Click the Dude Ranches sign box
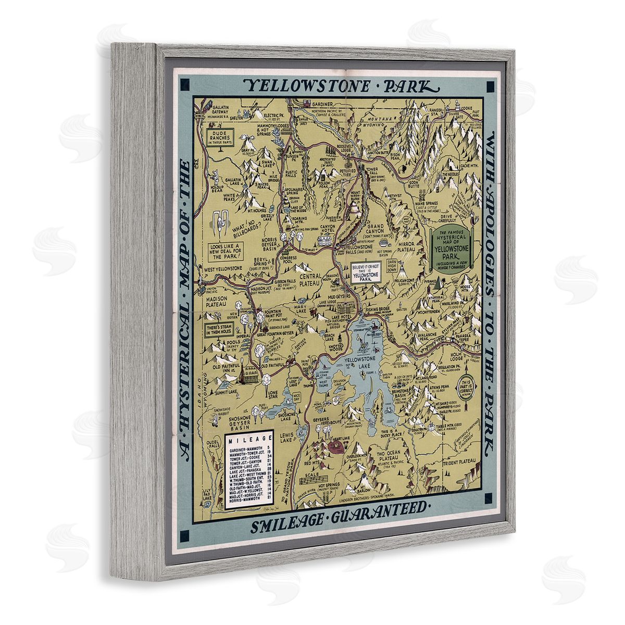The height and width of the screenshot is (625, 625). coord(221,137)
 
